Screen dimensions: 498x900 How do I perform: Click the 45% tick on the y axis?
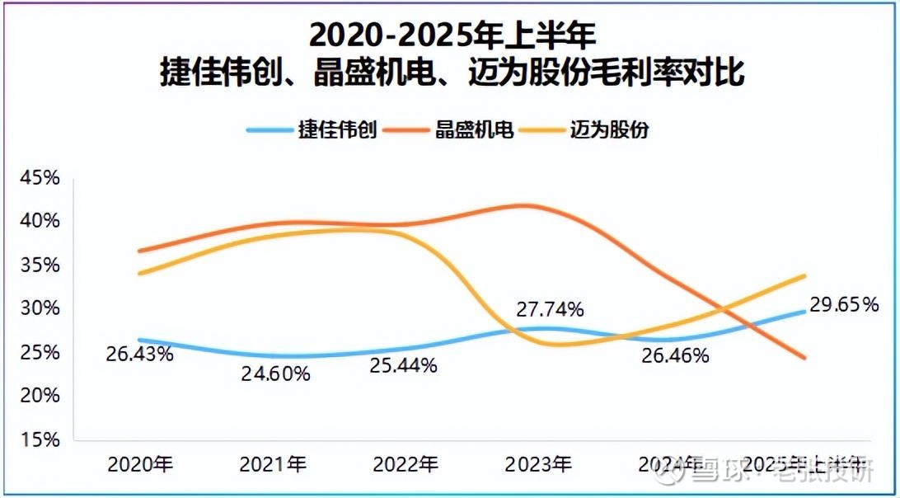coord(40,178)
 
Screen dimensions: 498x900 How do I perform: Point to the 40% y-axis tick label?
coord(40,221)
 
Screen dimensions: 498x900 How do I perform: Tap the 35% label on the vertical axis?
coord(40,265)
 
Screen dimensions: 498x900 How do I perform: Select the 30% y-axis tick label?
coord(40,308)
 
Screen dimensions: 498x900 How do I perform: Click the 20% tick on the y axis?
coord(40,396)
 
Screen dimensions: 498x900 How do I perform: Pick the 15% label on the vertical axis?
coord(40,439)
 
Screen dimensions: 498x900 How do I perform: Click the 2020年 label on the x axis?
coord(140,464)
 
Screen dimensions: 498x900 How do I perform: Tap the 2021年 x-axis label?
coord(273,464)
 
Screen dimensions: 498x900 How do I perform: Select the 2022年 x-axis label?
coord(405,464)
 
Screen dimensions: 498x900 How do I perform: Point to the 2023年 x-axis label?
coord(538,464)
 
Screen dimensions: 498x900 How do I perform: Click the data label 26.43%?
coord(139,355)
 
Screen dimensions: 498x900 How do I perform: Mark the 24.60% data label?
coord(275,373)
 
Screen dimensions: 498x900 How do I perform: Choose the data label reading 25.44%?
coord(403,366)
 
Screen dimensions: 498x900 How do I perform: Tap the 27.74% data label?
coord(551,309)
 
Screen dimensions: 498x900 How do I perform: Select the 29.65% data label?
coord(845,304)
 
